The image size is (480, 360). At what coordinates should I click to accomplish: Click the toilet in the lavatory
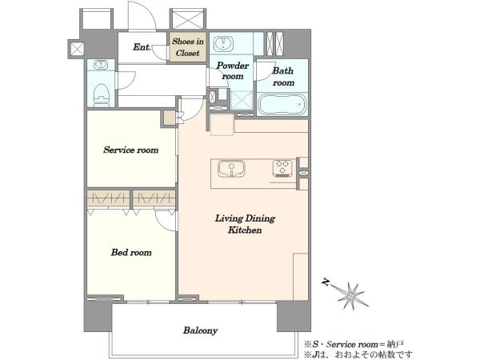pyautogui.click(x=102, y=95)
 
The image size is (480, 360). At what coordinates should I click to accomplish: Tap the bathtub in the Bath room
pyautogui.click(x=282, y=104)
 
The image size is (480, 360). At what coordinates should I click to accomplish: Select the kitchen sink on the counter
pyautogui.click(x=231, y=169)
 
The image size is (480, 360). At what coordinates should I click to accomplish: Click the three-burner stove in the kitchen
pyautogui.click(x=282, y=168)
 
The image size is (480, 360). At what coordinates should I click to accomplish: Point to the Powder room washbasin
pyautogui.click(x=223, y=44)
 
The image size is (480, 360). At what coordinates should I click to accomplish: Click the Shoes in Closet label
pyautogui.click(x=188, y=47)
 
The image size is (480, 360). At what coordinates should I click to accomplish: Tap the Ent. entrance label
pyautogui.click(x=142, y=47)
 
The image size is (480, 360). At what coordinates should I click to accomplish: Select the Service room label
pyautogui.click(x=131, y=150)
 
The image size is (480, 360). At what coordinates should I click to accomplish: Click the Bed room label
pyautogui.click(x=131, y=252)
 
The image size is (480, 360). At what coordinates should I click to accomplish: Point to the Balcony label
pyautogui.click(x=200, y=330)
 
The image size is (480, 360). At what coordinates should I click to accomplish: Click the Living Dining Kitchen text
pyautogui.click(x=245, y=224)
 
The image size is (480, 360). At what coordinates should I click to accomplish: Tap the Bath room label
pyautogui.click(x=283, y=77)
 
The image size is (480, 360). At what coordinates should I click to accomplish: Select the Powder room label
pyautogui.click(x=233, y=70)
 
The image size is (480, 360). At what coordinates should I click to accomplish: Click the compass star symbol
pyautogui.click(x=352, y=295)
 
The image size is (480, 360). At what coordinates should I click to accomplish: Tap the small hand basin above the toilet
pyautogui.click(x=100, y=65)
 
